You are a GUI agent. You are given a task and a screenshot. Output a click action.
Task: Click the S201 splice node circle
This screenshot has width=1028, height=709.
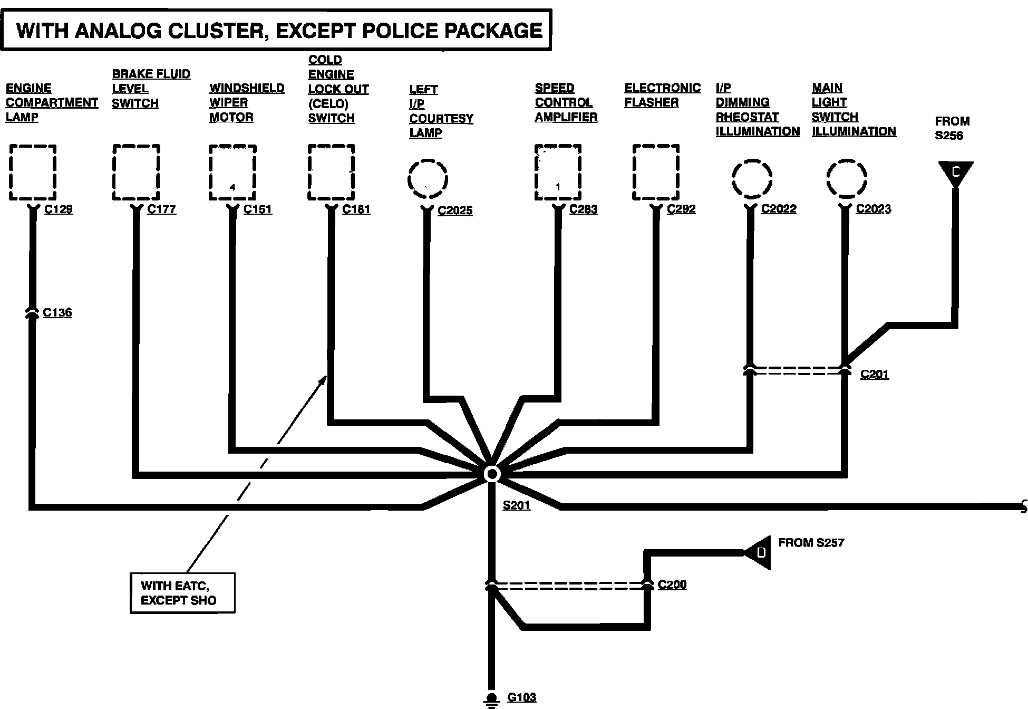(491, 474)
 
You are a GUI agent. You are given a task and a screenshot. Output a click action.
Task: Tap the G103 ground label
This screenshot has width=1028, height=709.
(521, 697)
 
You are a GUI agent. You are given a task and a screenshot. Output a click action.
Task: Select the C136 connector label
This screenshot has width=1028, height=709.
(57, 312)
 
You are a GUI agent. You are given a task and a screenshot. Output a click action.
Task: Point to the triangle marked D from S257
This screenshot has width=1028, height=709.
(760, 552)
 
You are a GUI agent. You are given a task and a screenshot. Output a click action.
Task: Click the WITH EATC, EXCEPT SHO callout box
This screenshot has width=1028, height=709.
(182, 593)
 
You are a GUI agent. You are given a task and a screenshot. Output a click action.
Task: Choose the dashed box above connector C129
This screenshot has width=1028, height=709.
(33, 173)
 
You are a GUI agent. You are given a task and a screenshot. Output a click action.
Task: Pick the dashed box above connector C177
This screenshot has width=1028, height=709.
(136, 173)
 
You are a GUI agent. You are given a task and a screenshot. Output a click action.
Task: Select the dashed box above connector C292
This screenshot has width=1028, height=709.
(656, 173)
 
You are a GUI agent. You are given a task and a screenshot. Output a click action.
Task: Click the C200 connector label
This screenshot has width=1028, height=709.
(672, 584)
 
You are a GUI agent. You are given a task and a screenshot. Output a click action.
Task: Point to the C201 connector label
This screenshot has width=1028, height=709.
(874, 374)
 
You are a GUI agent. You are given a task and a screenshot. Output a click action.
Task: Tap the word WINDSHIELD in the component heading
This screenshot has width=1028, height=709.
(247, 88)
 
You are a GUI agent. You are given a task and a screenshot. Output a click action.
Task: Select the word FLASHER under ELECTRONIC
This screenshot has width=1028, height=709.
(651, 102)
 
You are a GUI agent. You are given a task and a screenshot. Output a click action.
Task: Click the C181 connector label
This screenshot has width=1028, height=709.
(356, 209)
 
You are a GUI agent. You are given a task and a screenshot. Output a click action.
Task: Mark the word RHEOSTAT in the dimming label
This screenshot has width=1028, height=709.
(747, 117)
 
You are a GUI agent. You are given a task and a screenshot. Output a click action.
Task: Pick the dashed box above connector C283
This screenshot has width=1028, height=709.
(558, 173)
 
